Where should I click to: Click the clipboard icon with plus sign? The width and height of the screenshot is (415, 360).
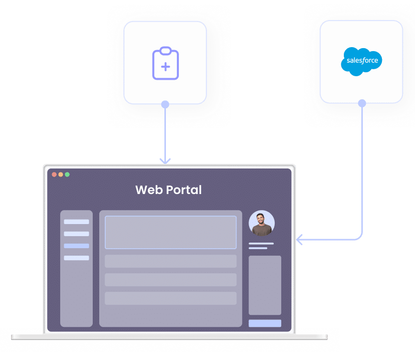tap(165, 63)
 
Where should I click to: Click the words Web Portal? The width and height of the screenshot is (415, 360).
tap(168, 191)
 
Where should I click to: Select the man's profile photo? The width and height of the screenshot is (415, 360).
tap(262, 223)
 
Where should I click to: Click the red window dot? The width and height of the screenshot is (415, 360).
tap(54, 174)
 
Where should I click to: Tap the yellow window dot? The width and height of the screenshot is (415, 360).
tap(61, 174)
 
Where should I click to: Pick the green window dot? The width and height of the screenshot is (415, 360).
tap(67, 174)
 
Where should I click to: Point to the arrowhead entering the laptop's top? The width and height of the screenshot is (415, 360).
tap(165, 161)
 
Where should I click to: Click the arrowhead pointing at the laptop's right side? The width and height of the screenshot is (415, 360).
tap(299, 240)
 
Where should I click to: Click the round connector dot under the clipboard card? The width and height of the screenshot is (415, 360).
tap(165, 104)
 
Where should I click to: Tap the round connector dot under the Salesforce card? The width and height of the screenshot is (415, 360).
tap(362, 103)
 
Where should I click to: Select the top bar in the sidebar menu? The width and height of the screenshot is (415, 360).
tap(76, 222)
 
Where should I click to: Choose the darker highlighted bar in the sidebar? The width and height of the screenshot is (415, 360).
tap(76, 246)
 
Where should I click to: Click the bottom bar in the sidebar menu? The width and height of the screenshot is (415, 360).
tap(76, 258)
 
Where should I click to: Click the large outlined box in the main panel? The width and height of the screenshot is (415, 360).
tap(170, 232)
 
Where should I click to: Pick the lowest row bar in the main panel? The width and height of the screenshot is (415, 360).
tap(170, 298)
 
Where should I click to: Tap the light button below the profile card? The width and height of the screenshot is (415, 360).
tap(265, 323)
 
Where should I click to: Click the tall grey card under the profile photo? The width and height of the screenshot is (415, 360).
tap(265, 285)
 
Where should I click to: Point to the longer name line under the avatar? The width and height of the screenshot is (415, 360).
tap(261, 244)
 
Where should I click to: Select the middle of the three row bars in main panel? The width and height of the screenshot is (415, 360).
tap(170, 280)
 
